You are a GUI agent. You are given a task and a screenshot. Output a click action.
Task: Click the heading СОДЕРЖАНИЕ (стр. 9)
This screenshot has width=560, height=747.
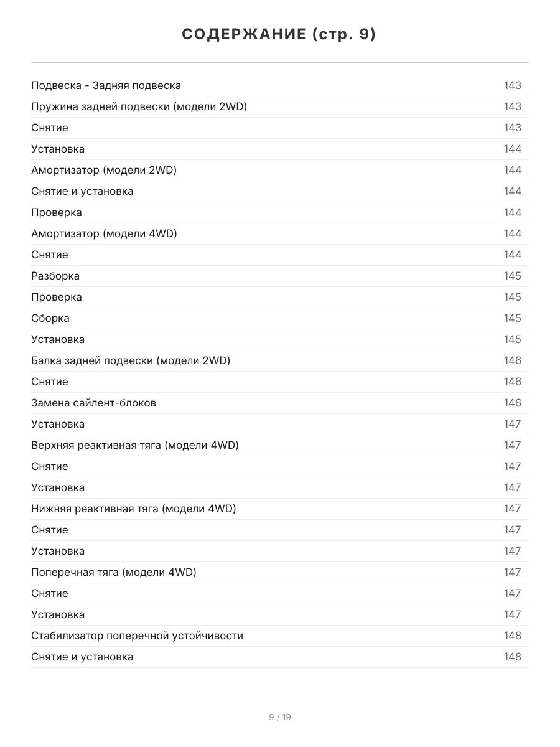[279, 35]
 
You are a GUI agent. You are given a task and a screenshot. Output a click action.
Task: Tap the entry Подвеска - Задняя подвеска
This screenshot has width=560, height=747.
[106, 85]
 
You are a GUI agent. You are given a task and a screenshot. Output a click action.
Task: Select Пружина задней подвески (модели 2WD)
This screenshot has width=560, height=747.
[139, 106]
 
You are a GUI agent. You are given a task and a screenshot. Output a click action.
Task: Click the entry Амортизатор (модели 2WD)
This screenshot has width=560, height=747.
[104, 170]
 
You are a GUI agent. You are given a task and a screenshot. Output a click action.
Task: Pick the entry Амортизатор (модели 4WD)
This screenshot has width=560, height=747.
[104, 233]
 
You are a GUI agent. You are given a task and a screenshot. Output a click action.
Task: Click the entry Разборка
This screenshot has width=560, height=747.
[55, 276]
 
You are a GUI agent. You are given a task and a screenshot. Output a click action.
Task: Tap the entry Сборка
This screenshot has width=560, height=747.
[50, 318]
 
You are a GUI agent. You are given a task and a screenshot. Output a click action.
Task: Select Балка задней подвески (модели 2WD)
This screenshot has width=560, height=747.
[131, 360]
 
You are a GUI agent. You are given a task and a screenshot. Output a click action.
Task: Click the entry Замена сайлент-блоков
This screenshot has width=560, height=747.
[93, 403]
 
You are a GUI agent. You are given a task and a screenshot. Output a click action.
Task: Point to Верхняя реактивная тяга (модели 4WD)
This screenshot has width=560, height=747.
[135, 445]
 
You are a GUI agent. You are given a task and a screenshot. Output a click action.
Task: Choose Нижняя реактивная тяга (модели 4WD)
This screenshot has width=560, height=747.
[134, 509]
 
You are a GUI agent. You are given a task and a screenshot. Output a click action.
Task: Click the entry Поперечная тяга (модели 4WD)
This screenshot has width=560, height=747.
[114, 572]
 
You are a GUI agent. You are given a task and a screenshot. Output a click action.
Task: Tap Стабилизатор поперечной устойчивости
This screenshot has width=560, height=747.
[137, 636]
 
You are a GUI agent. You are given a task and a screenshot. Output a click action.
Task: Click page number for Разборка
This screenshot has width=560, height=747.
[513, 276]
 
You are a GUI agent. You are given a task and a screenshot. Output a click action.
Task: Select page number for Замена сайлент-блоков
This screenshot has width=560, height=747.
[513, 403]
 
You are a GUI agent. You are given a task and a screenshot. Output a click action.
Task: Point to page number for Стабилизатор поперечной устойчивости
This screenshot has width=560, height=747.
[513, 636]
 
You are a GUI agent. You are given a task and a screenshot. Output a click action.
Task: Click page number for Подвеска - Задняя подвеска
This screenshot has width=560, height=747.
[513, 85]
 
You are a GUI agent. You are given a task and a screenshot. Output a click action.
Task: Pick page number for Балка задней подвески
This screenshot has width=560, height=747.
[513, 360]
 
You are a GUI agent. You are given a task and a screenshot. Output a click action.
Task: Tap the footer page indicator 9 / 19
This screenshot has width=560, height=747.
[280, 717]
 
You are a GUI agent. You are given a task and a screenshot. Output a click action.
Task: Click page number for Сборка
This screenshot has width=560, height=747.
[513, 318]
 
